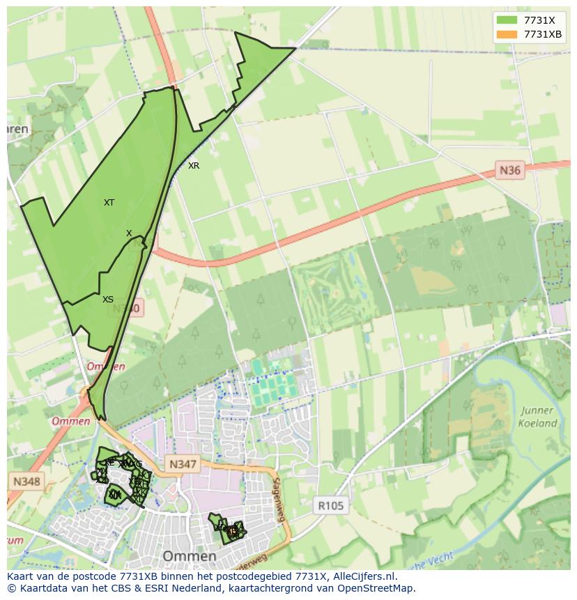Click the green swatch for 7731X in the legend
[x=507, y=20]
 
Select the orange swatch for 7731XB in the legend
[x=507, y=34]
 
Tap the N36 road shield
[x=510, y=169]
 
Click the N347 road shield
[x=183, y=464]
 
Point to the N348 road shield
[x=26, y=481]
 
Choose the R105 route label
[x=330, y=506]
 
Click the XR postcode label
[x=194, y=166]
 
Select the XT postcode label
[x=109, y=203]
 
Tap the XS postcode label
[x=108, y=300]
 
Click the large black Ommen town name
[x=189, y=556]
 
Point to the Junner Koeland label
[x=537, y=417]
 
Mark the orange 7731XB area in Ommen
[x=232, y=531]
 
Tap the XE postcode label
[x=109, y=462]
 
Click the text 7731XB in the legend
[x=543, y=34]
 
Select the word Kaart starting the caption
[x=22, y=576]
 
